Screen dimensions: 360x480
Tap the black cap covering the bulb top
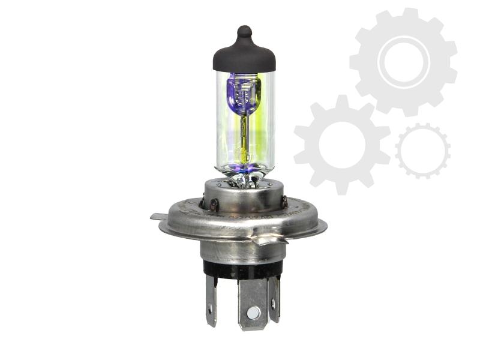[244, 57]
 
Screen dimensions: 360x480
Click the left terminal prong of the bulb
[211, 300]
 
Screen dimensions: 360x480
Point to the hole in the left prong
[210, 310]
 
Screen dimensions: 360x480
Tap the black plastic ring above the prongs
[243, 270]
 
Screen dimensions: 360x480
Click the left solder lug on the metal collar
[212, 204]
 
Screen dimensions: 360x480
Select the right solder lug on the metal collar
[283, 202]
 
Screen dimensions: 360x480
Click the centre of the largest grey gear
[403, 62]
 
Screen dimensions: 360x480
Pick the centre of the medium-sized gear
[342, 145]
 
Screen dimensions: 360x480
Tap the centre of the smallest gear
[422, 151]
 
